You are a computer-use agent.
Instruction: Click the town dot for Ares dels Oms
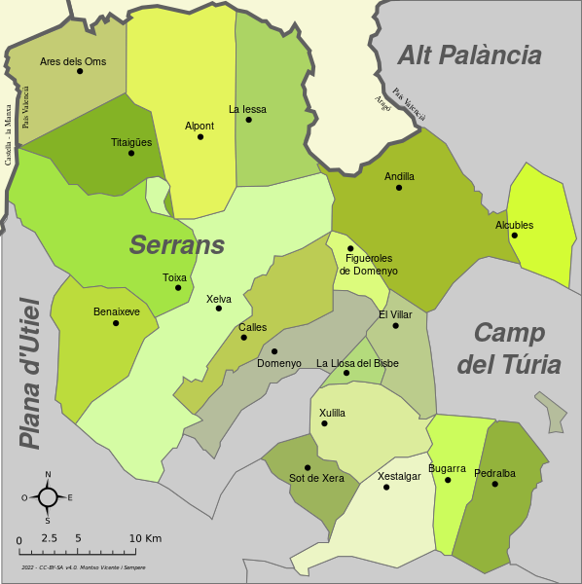click(x=80, y=71)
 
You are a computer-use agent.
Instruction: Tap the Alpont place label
click(x=200, y=126)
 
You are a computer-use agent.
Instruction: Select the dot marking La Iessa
click(x=249, y=120)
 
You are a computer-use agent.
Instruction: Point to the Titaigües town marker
click(x=131, y=153)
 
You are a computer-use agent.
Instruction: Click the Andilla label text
click(x=399, y=176)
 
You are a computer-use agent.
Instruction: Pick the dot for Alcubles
click(x=515, y=235)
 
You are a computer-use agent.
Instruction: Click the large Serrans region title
click(x=177, y=245)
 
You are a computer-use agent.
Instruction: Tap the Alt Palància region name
click(x=469, y=55)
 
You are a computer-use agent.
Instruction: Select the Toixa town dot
click(x=178, y=287)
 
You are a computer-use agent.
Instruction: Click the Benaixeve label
click(x=117, y=311)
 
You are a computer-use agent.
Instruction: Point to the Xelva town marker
click(x=219, y=309)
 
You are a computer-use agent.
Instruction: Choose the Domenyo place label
click(x=279, y=363)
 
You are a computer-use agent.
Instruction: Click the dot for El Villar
click(x=395, y=325)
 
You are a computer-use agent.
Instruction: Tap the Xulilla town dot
click(x=324, y=423)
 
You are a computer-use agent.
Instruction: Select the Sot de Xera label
click(x=317, y=478)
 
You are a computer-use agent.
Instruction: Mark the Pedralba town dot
click(x=494, y=484)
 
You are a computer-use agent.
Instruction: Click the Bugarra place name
click(x=448, y=468)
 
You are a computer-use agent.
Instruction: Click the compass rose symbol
click(x=48, y=497)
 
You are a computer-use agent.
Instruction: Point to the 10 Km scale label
click(x=145, y=538)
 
